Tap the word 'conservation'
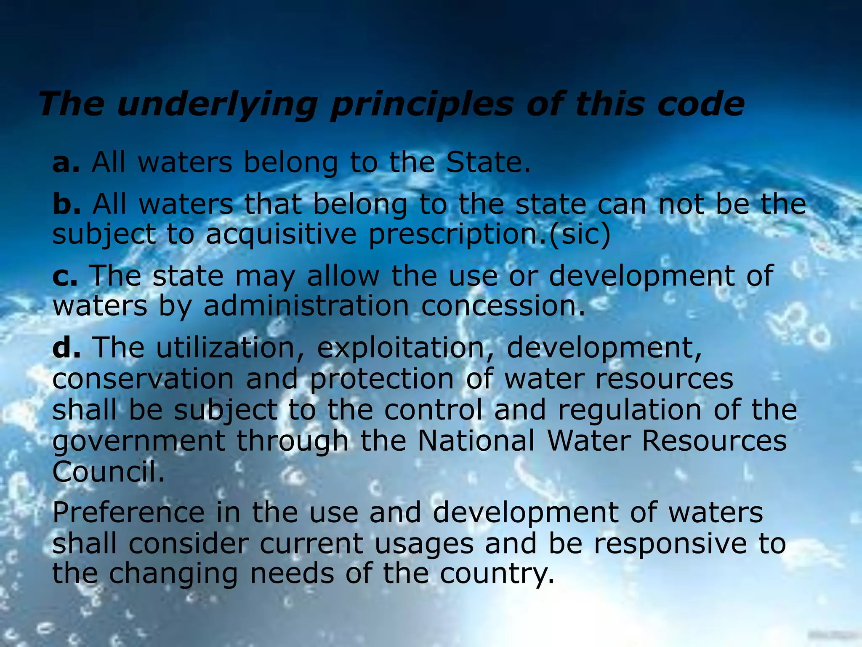coord(143,379)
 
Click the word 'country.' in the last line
coord(497,575)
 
